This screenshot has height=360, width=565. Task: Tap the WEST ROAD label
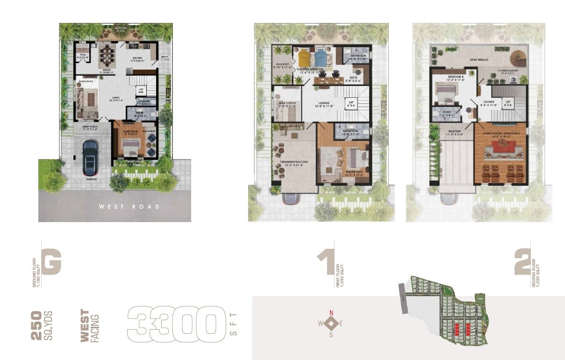click(x=129, y=206)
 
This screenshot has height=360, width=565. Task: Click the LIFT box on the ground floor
click(x=141, y=91)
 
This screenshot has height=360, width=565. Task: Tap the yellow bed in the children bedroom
click(x=304, y=58)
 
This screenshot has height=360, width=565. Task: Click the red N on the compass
click(x=332, y=313)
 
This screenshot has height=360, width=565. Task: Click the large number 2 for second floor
click(x=522, y=262)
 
